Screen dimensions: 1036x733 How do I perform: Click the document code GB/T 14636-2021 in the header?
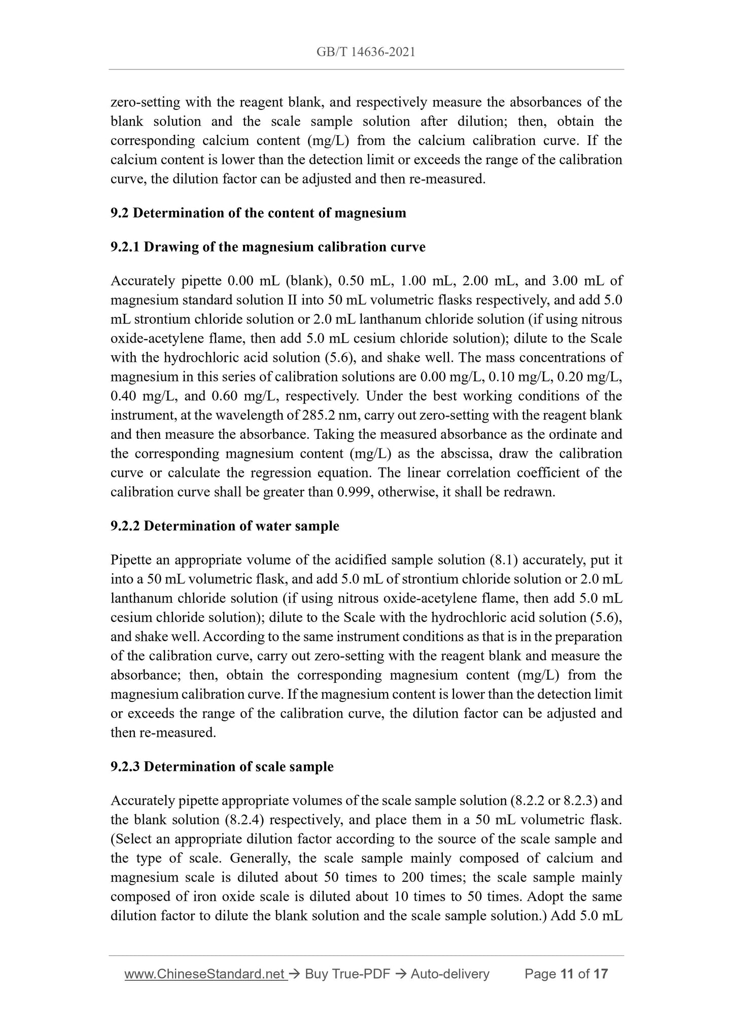click(366, 52)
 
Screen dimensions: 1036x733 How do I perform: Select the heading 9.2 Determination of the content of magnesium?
click(258, 213)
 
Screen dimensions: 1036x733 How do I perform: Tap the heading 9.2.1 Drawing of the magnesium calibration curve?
click(268, 247)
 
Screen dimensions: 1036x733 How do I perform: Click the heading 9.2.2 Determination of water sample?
click(225, 526)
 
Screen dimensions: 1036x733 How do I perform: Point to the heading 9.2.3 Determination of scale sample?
click(222, 767)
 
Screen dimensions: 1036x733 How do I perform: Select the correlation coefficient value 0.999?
click(354, 492)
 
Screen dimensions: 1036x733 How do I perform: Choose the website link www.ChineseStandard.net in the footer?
click(205, 974)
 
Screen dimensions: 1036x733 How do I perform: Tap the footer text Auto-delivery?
click(449, 974)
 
